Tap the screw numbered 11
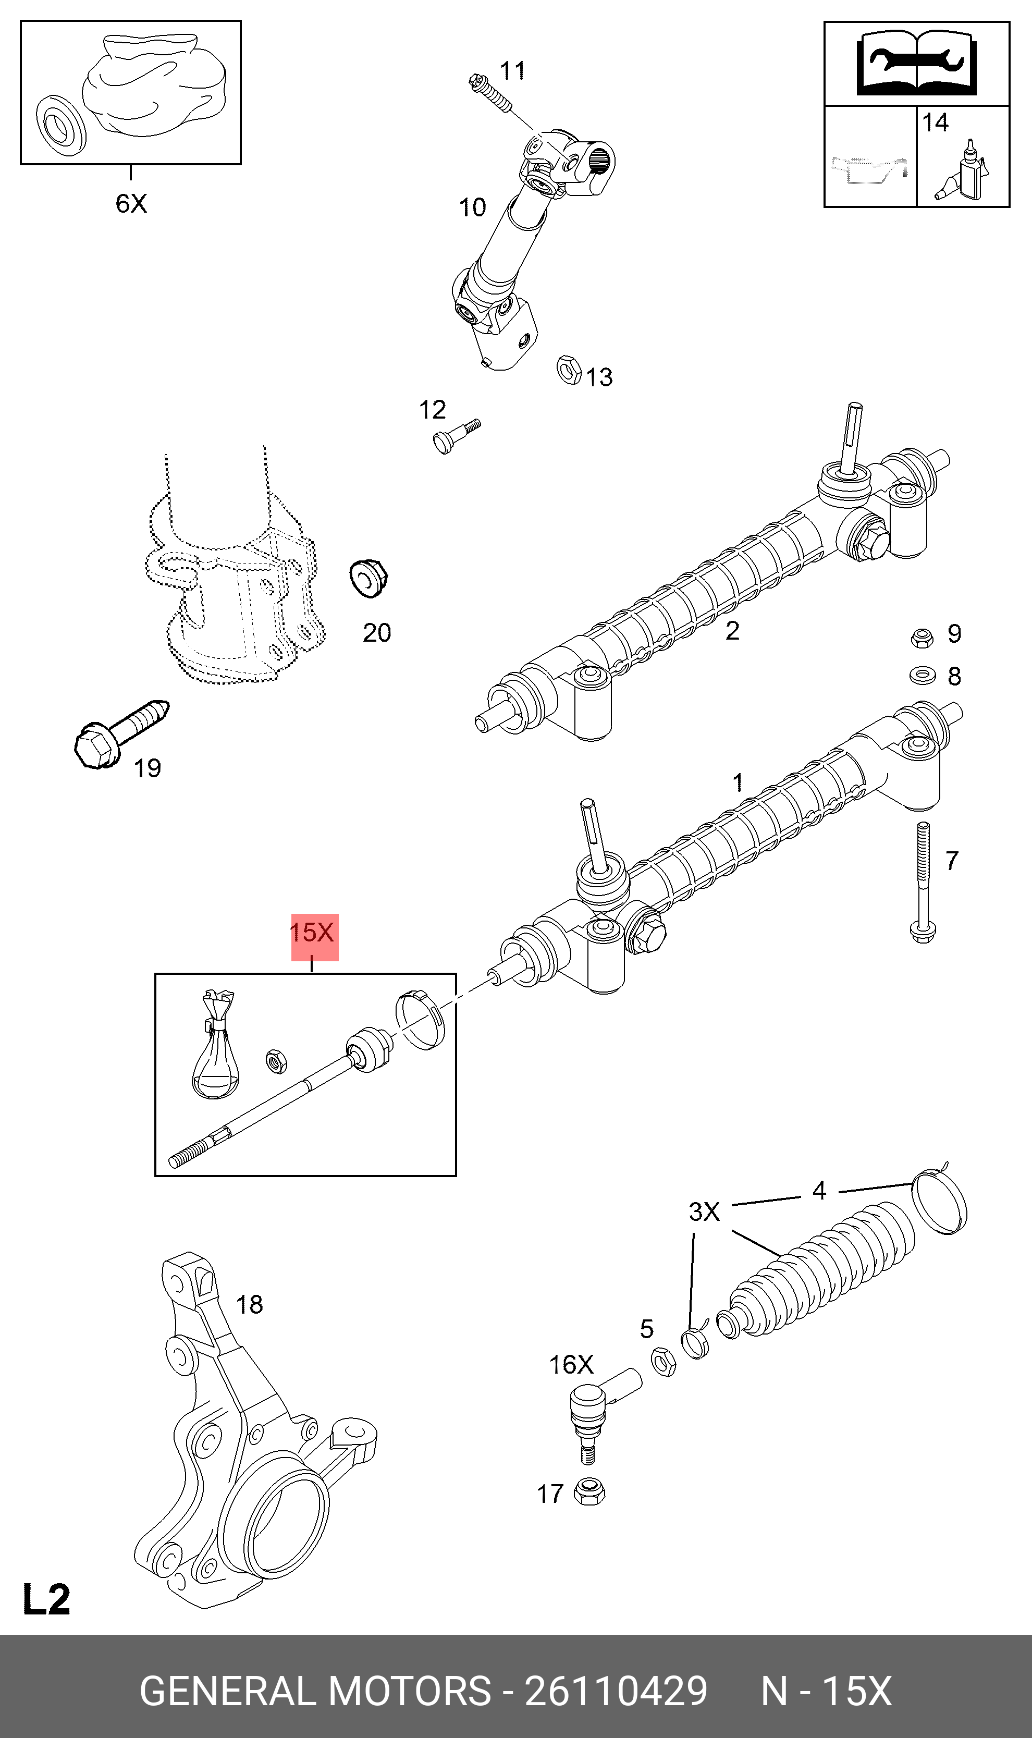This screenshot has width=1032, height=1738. click(490, 94)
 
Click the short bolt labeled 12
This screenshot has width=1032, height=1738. click(455, 435)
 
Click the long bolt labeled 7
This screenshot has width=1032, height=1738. click(923, 883)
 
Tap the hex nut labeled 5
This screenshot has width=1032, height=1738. click(664, 1361)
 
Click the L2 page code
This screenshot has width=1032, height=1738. click(46, 1600)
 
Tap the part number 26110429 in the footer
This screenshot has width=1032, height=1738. click(616, 1692)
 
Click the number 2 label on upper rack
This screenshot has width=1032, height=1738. click(732, 631)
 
